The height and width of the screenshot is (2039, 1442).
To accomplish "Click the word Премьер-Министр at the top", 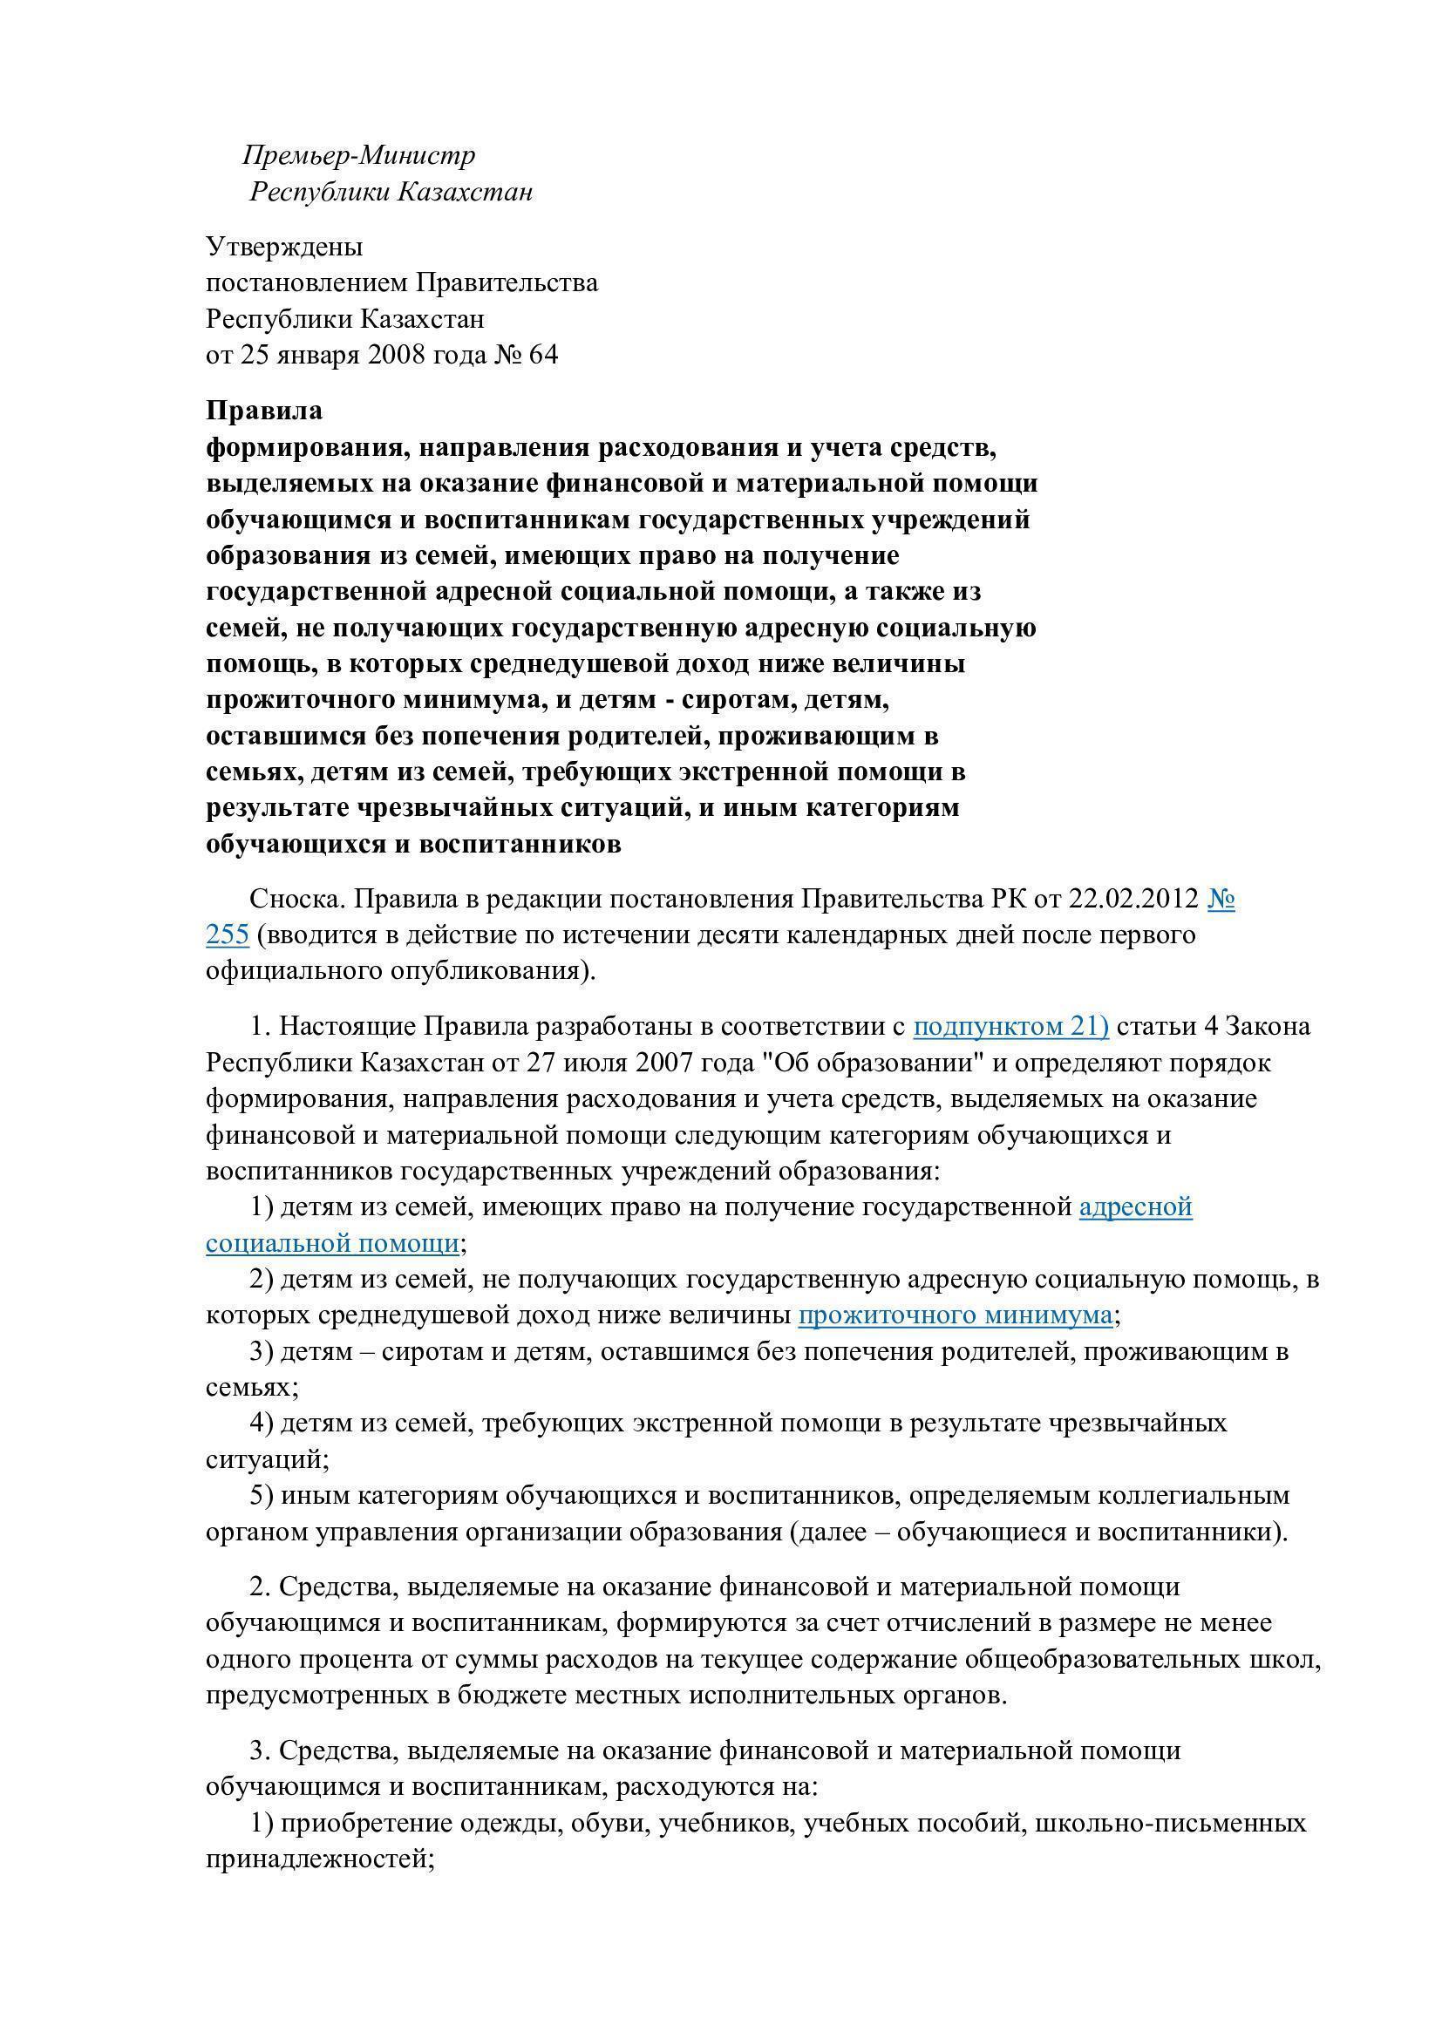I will pyautogui.click(x=358, y=155).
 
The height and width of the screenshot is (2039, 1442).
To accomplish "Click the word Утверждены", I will pyautogui.click(x=284, y=246).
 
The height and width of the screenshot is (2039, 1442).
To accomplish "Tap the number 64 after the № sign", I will pyautogui.click(x=542, y=354).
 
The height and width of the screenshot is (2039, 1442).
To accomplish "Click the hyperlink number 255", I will pyautogui.click(x=228, y=935).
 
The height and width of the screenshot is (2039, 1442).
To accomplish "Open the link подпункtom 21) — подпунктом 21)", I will pyautogui.click(x=1010, y=1027).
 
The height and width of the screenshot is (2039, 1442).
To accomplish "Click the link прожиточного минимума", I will pyautogui.click(x=955, y=1315).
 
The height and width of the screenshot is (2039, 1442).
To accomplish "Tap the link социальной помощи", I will pyautogui.click(x=332, y=1242).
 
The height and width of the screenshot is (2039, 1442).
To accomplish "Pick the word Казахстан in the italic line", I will pyautogui.click(x=464, y=192).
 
